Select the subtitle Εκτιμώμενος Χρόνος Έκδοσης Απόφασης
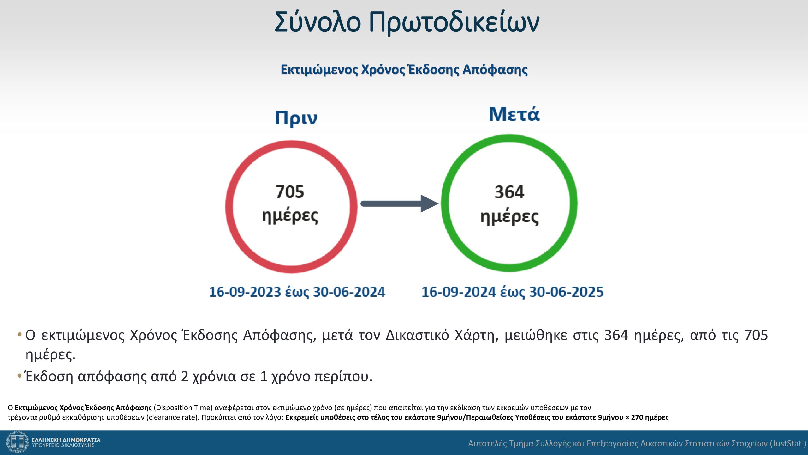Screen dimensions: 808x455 click(404, 70)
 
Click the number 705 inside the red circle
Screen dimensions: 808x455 click(290, 192)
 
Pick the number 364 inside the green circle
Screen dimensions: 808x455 click(509, 192)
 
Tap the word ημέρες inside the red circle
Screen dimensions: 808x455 click(290, 216)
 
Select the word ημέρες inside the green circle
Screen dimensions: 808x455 click(509, 217)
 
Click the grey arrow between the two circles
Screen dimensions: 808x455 click(400, 203)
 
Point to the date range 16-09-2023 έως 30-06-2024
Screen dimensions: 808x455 click(297, 292)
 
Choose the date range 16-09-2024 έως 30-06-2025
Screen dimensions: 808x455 click(513, 292)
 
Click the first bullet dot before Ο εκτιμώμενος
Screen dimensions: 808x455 click(20, 335)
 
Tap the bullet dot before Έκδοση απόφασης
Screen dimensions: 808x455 click(20, 376)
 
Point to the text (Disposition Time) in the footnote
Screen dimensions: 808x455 click(183, 408)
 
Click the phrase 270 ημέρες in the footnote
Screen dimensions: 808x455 click(650, 417)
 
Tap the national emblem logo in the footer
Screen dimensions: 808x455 click(18, 442)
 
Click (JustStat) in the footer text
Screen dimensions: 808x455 click(788, 444)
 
